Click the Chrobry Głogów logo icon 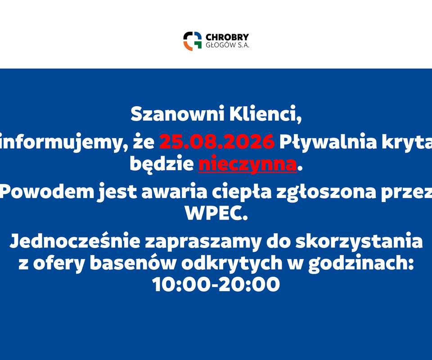tap(193, 41)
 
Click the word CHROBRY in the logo tap(227, 37)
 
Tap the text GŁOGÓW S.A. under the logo tap(228, 45)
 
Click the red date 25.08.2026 tap(217, 141)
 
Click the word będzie tap(162, 164)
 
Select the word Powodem tap(47, 191)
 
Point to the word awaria tap(174, 192)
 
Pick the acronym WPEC tap(216, 213)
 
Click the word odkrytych tap(232, 264)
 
